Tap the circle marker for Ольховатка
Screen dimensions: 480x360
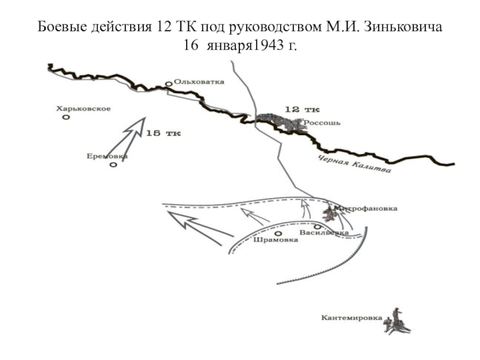[x=169, y=85]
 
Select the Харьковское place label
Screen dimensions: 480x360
[x=83, y=109]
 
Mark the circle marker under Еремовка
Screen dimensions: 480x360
[x=113, y=164]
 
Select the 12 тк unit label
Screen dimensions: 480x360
[x=302, y=109]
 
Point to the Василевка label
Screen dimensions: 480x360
[x=324, y=232]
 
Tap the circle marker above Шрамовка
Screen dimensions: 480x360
[x=278, y=233]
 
